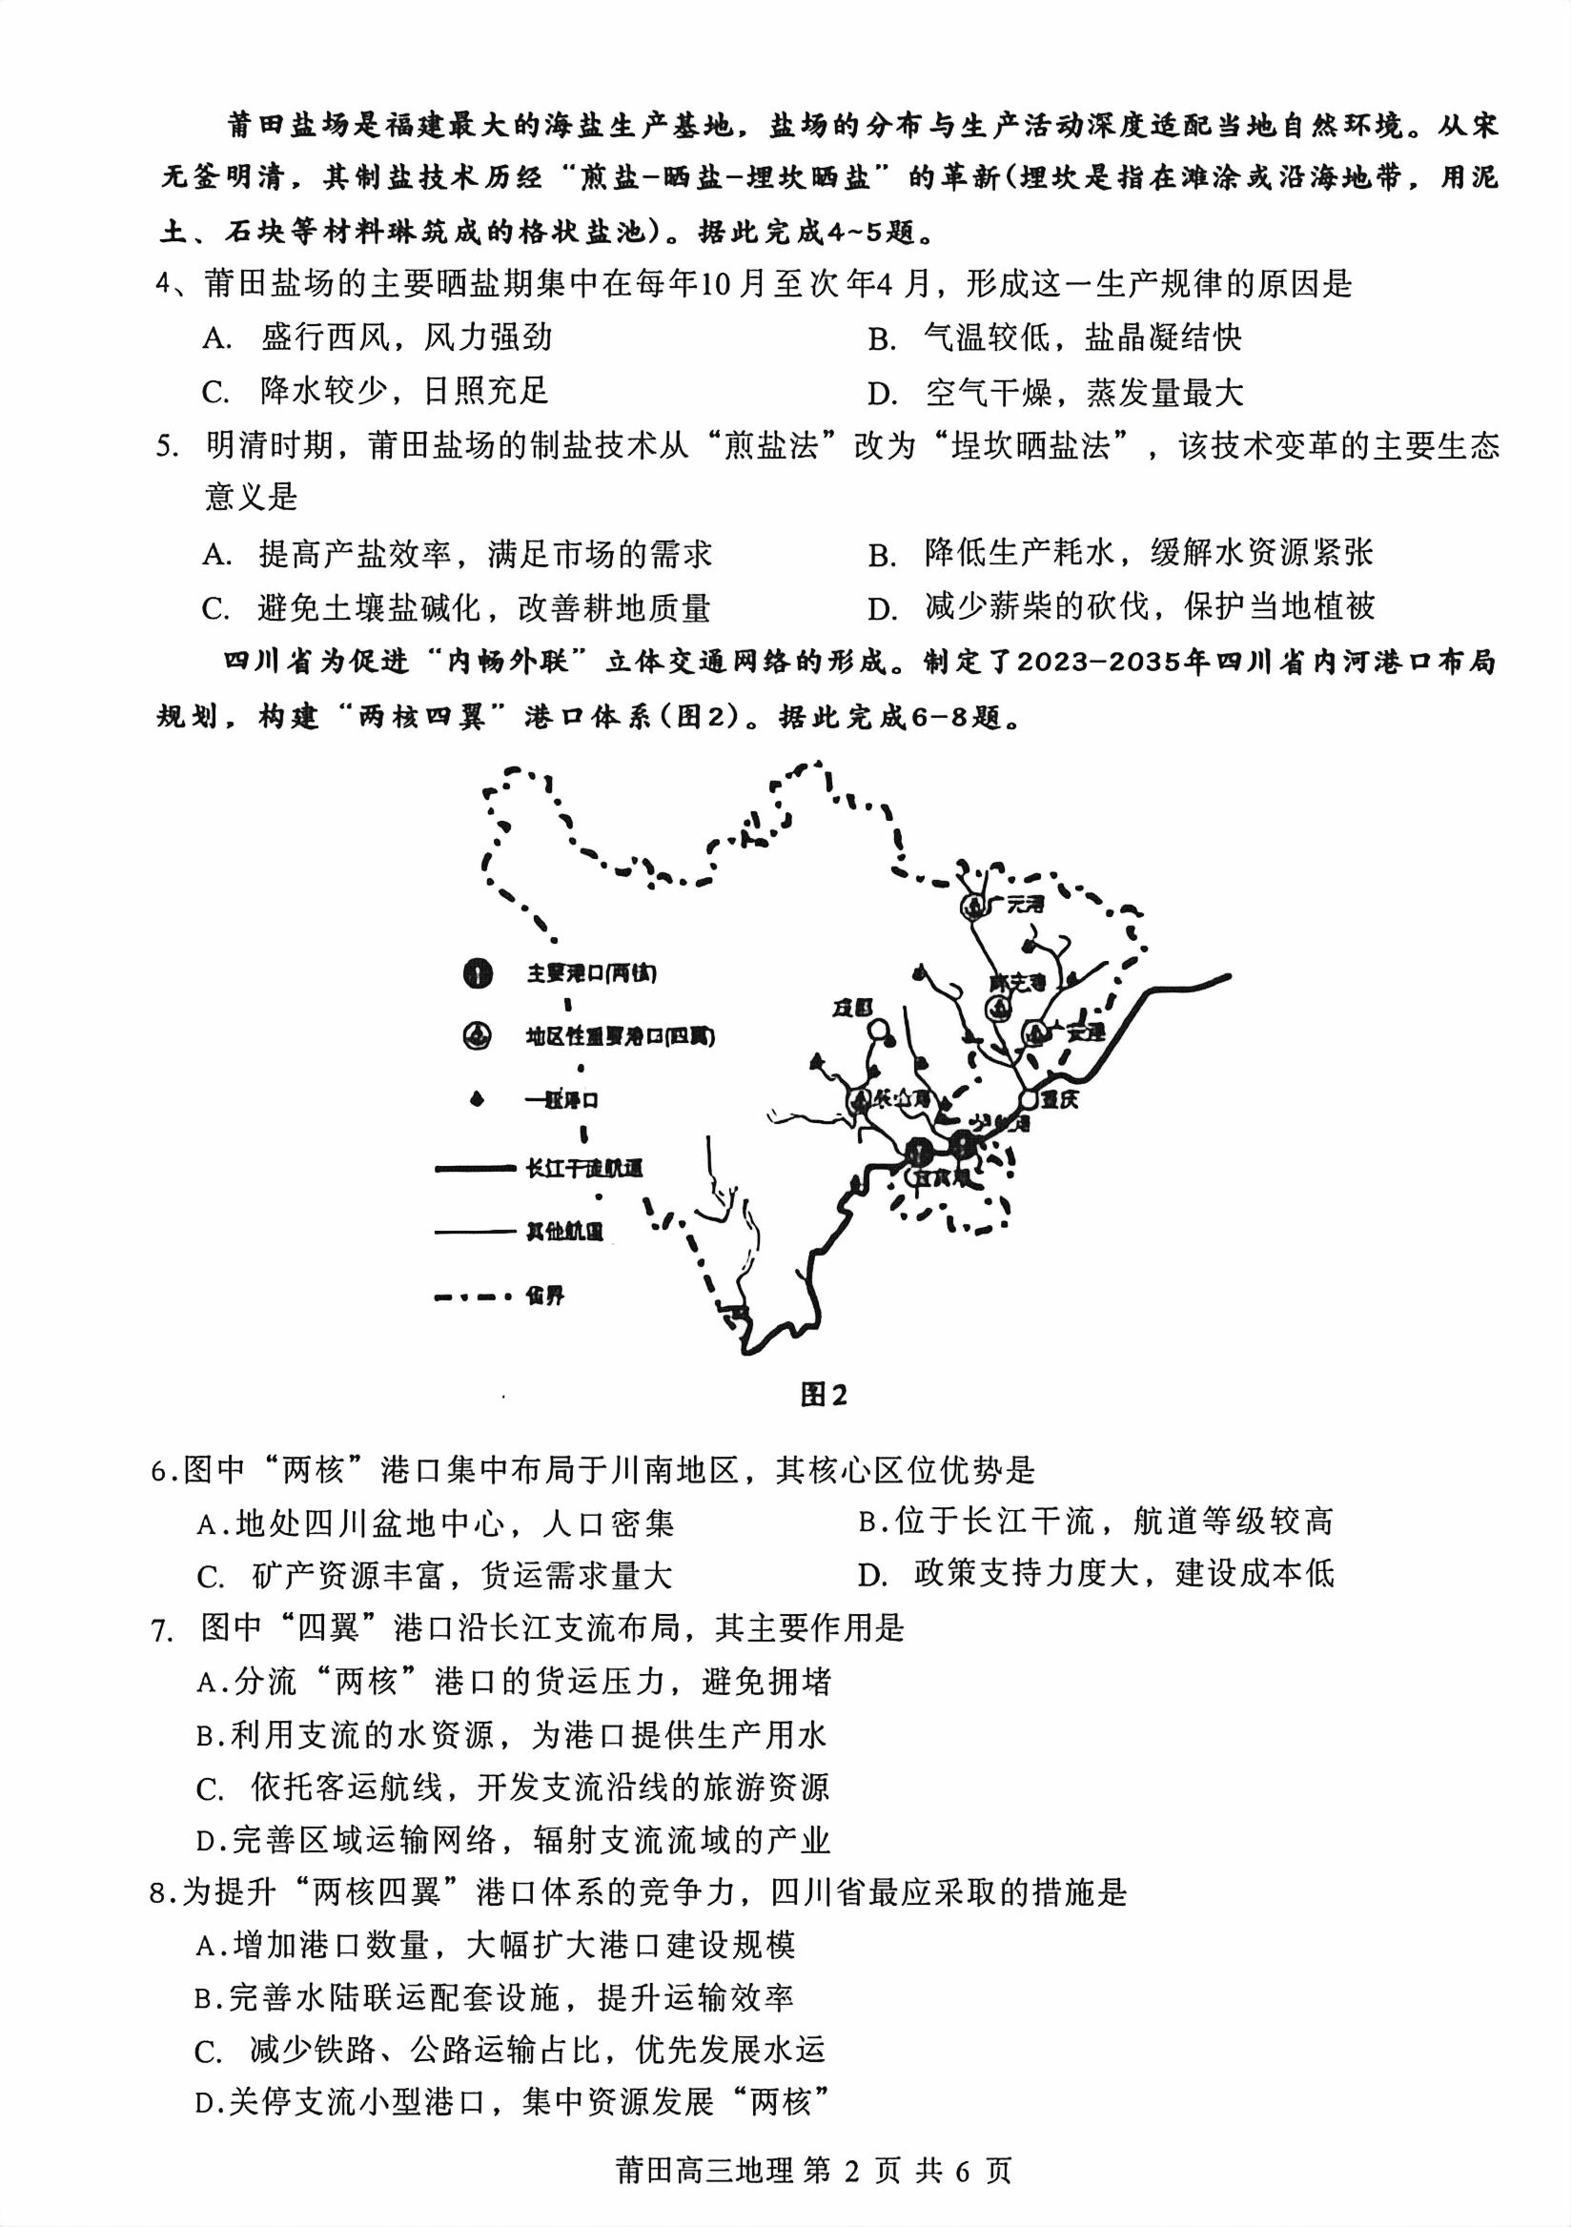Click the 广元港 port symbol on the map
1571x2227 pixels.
click(971, 906)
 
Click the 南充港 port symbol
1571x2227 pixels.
click(997, 1009)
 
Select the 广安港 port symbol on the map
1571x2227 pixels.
click(1035, 1033)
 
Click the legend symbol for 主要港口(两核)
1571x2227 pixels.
click(478, 972)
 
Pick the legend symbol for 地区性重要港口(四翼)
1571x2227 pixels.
click(478, 1036)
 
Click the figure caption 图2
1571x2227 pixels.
click(824, 1395)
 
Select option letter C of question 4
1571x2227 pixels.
click(214, 393)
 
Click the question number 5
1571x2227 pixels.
click(166, 446)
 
